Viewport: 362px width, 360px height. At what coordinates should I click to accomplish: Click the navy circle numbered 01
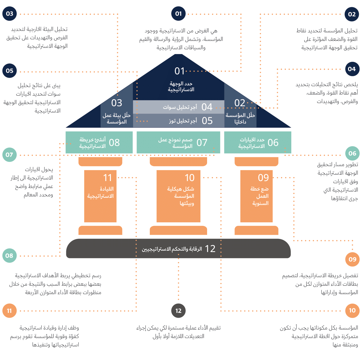click(178, 14)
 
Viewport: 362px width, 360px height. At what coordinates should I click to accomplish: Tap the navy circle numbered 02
click(352, 14)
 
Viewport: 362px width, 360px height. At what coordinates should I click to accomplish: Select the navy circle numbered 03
click(10, 14)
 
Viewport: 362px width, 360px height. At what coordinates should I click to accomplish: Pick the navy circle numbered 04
click(352, 69)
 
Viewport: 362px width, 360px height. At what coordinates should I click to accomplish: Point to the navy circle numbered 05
click(10, 71)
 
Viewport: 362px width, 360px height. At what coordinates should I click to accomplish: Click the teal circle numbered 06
click(352, 153)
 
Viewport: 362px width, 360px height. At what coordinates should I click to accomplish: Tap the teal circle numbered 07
click(9, 155)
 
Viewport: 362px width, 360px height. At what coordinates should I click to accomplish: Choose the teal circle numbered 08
click(9, 256)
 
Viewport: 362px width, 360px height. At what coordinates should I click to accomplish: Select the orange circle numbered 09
click(352, 259)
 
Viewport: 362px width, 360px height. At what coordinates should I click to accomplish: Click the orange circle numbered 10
click(352, 310)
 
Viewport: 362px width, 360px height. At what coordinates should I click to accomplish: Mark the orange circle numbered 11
click(9, 311)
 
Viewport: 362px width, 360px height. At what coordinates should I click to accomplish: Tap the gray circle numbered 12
click(178, 310)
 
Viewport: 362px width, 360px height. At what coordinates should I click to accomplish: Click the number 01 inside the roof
click(180, 71)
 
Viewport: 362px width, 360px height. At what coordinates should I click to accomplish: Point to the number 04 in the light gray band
click(207, 107)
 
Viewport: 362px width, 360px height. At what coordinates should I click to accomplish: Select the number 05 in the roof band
click(207, 121)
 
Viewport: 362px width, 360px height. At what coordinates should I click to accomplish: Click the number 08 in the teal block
click(114, 143)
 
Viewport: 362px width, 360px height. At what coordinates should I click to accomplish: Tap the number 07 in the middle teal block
click(202, 143)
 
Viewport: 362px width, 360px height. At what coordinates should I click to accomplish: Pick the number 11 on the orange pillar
click(108, 178)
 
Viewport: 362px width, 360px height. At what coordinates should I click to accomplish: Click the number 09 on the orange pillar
click(263, 178)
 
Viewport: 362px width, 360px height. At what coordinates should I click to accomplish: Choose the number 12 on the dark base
click(210, 249)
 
